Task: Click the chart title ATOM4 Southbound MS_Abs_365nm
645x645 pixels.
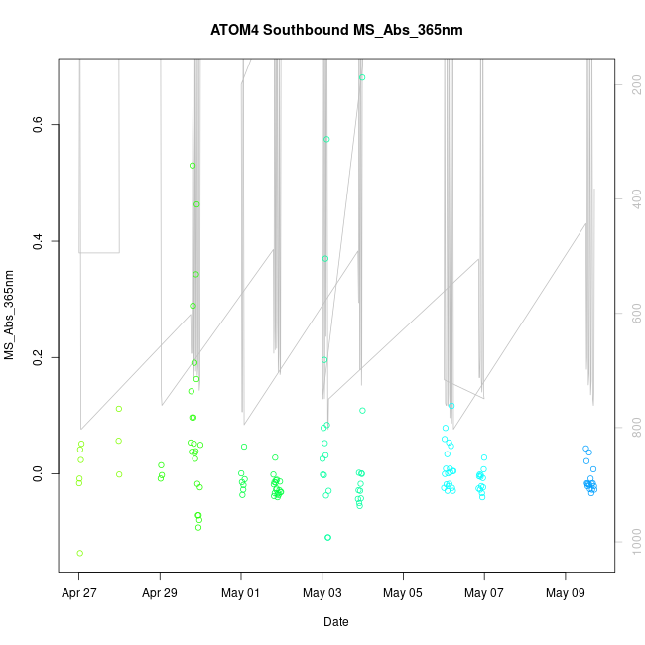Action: coord(336,30)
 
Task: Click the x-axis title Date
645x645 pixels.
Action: coord(336,622)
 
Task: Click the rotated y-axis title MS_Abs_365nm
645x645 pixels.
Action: coord(10,315)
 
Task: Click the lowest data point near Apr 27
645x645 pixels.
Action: coord(79,553)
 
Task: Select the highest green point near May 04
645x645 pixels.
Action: coord(362,77)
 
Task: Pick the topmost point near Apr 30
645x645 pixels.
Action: coord(193,166)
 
